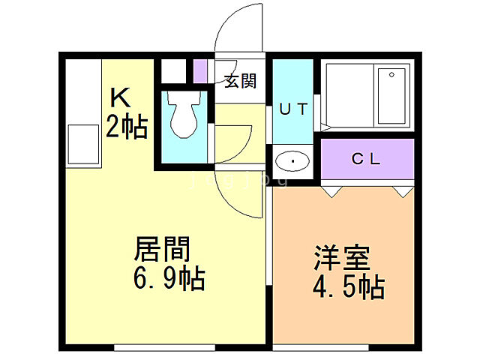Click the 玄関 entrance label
[240, 81]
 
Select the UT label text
[293, 108]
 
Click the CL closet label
[367, 159]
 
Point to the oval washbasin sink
[292, 161]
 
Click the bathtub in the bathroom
[391, 97]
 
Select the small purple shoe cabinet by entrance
[199, 70]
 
